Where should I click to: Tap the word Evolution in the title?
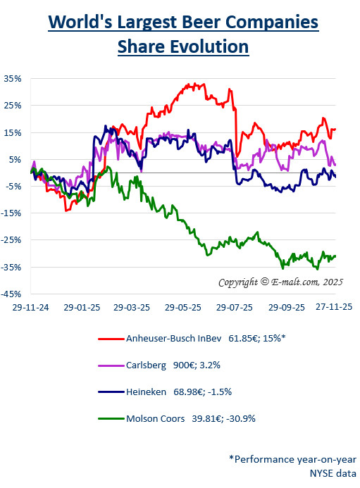coord(207,46)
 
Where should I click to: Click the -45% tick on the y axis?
coord(13,294)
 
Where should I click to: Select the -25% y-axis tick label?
coord(13,240)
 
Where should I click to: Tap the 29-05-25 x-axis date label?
coord(184,308)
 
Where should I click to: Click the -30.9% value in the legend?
coord(239,418)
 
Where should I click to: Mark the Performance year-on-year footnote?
coord(292,458)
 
